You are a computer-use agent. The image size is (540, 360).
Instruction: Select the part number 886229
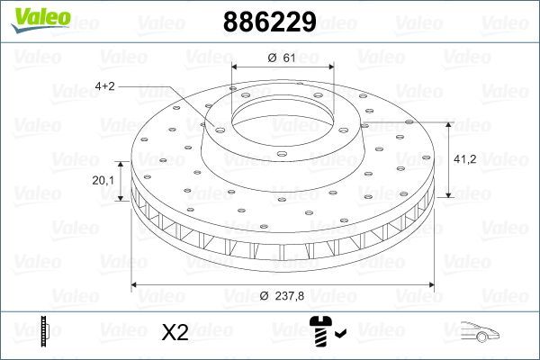click(269, 22)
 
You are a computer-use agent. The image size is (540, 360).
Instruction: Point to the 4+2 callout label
click(105, 86)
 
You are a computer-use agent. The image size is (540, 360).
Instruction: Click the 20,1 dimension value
click(103, 180)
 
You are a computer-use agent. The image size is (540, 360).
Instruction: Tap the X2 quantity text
click(175, 332)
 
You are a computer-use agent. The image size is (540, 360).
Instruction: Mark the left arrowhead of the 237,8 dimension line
click(136, 285)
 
